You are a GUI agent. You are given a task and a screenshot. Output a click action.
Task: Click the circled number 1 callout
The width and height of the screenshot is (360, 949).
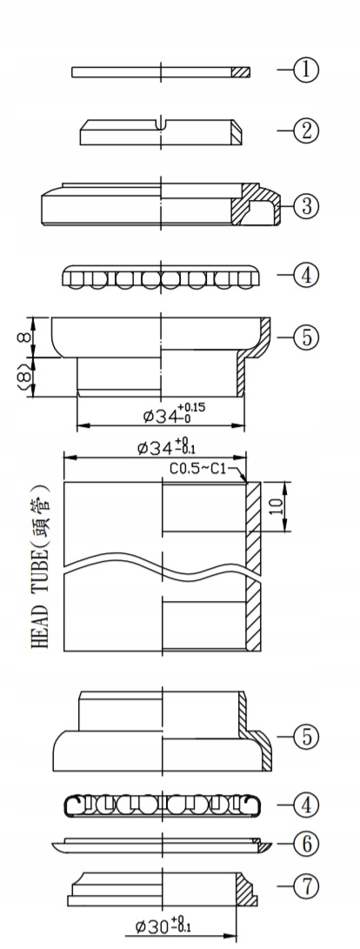pos(305,70)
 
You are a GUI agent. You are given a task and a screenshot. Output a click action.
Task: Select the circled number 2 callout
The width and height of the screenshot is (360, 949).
pos(305,130)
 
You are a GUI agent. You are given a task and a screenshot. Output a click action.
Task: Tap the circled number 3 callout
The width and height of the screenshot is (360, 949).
pos(305,206)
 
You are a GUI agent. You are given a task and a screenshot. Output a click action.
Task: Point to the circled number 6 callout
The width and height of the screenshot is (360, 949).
pos(305,844)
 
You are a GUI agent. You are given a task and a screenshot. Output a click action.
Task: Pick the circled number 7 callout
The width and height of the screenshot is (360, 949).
pos(305,887)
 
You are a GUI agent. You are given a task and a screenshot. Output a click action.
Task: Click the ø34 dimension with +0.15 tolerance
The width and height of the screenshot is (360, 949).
pos(174,413)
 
